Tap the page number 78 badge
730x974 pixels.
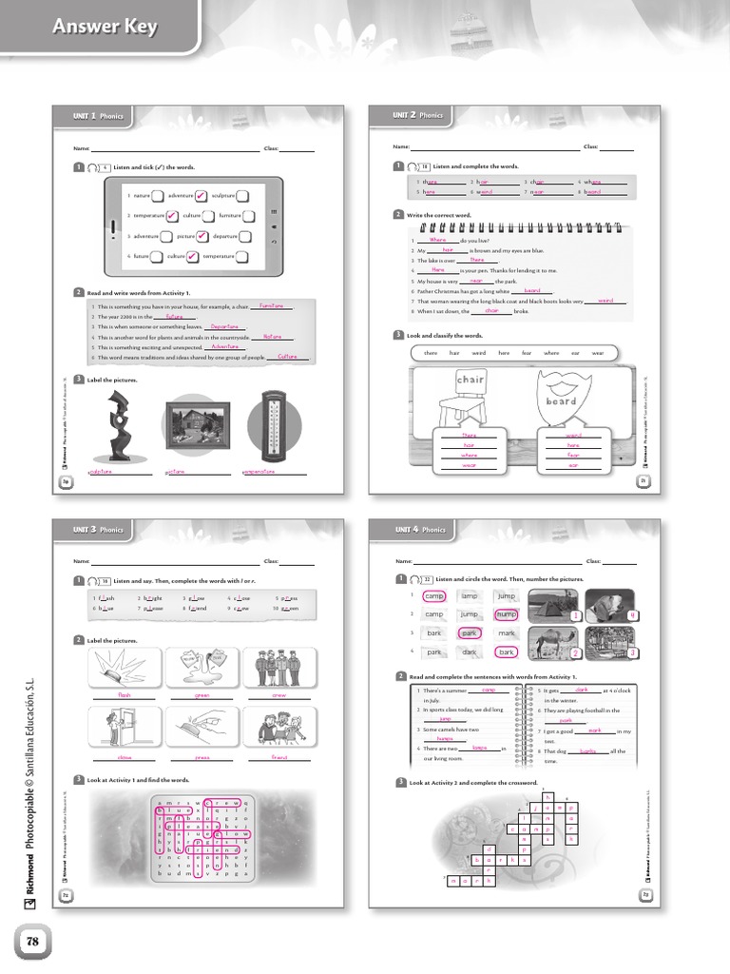(x=30, y=941)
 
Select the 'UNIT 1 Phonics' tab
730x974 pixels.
(x=99, y=116)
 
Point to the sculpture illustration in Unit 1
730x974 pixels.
(x=121, y=428)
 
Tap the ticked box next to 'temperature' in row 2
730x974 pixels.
(x=170, y=215)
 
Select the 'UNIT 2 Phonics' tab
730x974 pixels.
(x=418, y=115)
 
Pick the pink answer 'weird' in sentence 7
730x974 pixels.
(x=605, y=301)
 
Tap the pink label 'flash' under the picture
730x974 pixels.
(x=124, y=695)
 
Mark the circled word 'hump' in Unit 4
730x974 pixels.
(x=506, y=614)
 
